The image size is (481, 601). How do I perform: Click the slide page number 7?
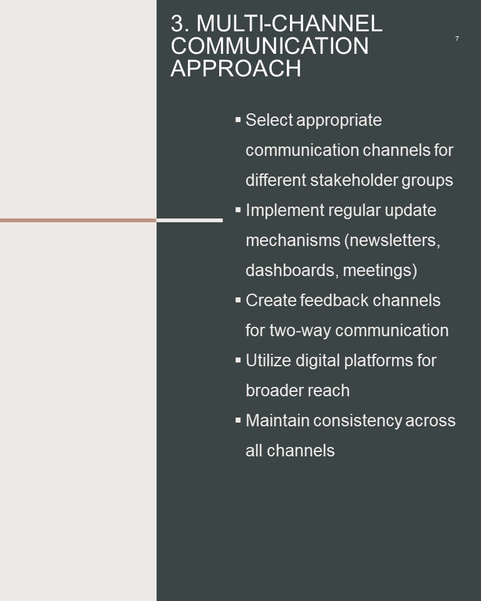point(457,39)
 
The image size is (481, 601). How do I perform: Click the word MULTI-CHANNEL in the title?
point(289,23)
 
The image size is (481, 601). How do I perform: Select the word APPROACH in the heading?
point(235,69)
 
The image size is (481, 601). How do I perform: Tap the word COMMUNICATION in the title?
point(270,46)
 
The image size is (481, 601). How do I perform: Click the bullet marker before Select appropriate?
point(238,120)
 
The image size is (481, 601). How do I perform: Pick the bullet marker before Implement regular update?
point(238,210)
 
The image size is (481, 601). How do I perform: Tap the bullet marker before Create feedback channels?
point(238,300)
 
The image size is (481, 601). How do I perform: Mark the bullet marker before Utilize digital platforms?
point(238,361)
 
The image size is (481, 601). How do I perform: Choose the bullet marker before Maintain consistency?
point(238,421)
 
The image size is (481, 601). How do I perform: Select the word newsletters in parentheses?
point(393,240)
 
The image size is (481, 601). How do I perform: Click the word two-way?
point(299,331)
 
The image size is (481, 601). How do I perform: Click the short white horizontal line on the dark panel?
point(190,220)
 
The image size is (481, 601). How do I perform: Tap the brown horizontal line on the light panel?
point(78,220)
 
